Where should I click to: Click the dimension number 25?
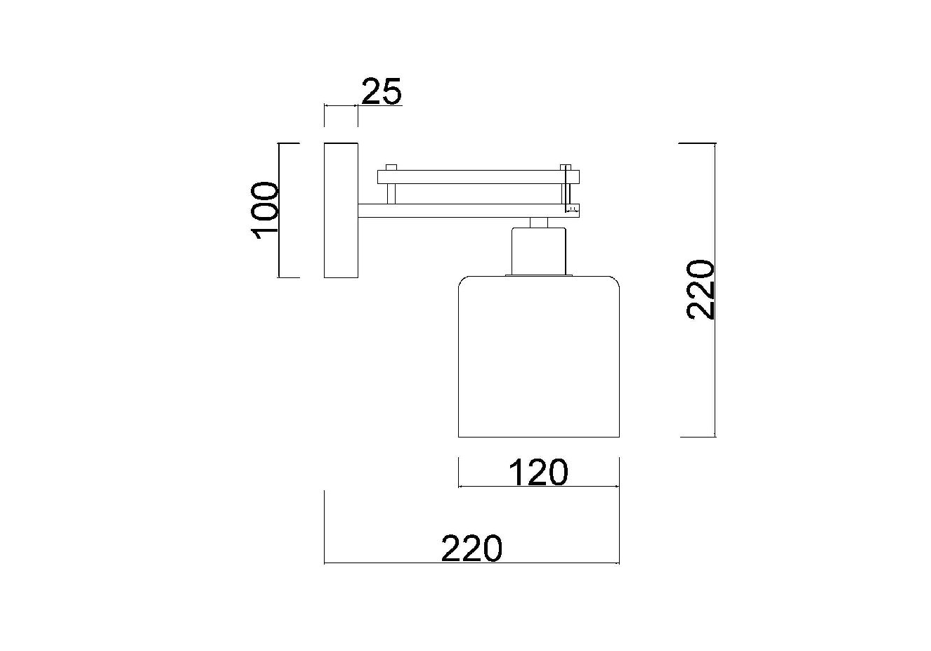pos(382,91)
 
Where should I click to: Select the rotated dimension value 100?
pos(264,211)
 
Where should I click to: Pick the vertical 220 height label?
pos(701,290)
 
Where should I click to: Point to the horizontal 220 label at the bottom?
pos(471,548)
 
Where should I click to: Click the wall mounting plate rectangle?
pos(341,210)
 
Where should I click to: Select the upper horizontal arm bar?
pos(478,177)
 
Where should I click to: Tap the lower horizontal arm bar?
pos(469,211)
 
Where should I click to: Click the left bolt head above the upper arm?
pos(391,167)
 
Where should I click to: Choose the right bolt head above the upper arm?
pos(565,167)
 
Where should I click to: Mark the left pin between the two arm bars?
pos(391,194)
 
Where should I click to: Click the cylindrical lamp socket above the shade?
pos(539,251)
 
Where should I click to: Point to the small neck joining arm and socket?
pos(539,222)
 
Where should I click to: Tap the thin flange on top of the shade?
pos(539,275)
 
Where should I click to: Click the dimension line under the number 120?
pos(539,486)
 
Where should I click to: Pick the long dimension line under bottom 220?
pos(471,563)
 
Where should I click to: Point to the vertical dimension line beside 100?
pos(279,210)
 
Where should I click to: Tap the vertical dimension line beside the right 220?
pos(715,290)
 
